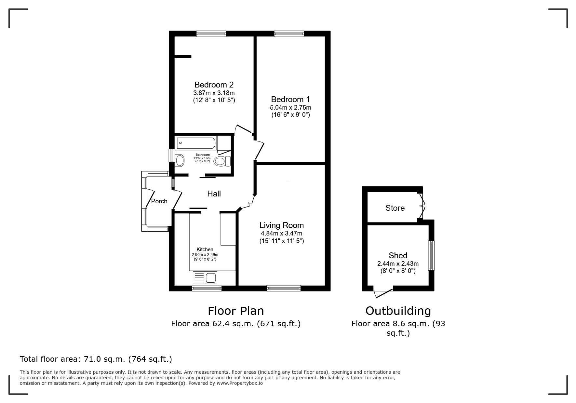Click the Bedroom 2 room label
point(214,85)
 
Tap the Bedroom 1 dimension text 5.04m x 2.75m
point(290,108)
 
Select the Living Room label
point(281,225)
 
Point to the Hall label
point(214,194)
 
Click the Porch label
point(159,201)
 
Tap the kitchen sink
point(205,278)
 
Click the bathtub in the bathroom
point(196,143)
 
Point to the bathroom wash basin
point(179,160)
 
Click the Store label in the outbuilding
point(395,208)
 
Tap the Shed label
point(398,256)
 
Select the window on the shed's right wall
point(431,255)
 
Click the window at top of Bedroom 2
point(211,34)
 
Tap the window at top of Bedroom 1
point(289,34)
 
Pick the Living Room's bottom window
point(284,288)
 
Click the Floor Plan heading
point(236,311)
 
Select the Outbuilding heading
point(398,311)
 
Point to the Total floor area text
point(96,359)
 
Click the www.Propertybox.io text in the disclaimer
point(240,383)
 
